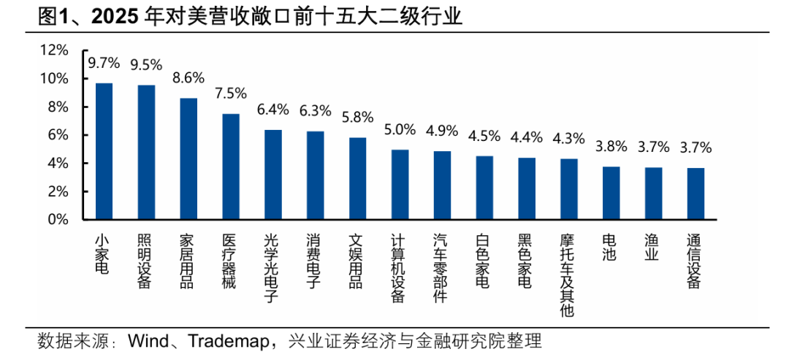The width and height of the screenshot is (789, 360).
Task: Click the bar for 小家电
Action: pyautogui.click(x=104, y=151)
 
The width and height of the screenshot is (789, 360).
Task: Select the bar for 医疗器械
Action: pyautogui.click(x=231, y=166)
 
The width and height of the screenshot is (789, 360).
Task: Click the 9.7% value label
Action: pyautogui.click(x=104, y=63)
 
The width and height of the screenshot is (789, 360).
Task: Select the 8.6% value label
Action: pyautogui.click(x=188, y=78)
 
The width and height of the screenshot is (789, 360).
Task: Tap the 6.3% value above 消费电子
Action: pyautogui.click(x=315, y=111)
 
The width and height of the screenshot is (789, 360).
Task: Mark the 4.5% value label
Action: pyautogui.click(x=484, y=136)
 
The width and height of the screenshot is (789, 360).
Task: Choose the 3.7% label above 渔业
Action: pyautogui.click(x=653, y=147)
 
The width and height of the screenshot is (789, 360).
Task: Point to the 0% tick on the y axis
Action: pyautogui.click(x=58, y=220)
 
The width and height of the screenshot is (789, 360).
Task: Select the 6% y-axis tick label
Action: pyautogui.click(x=58, y=135)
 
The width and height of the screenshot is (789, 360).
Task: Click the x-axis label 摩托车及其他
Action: pyautogui.click(x=568, y=275)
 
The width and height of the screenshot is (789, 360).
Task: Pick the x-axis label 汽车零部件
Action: pyautogui.click(x=441, y=268)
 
